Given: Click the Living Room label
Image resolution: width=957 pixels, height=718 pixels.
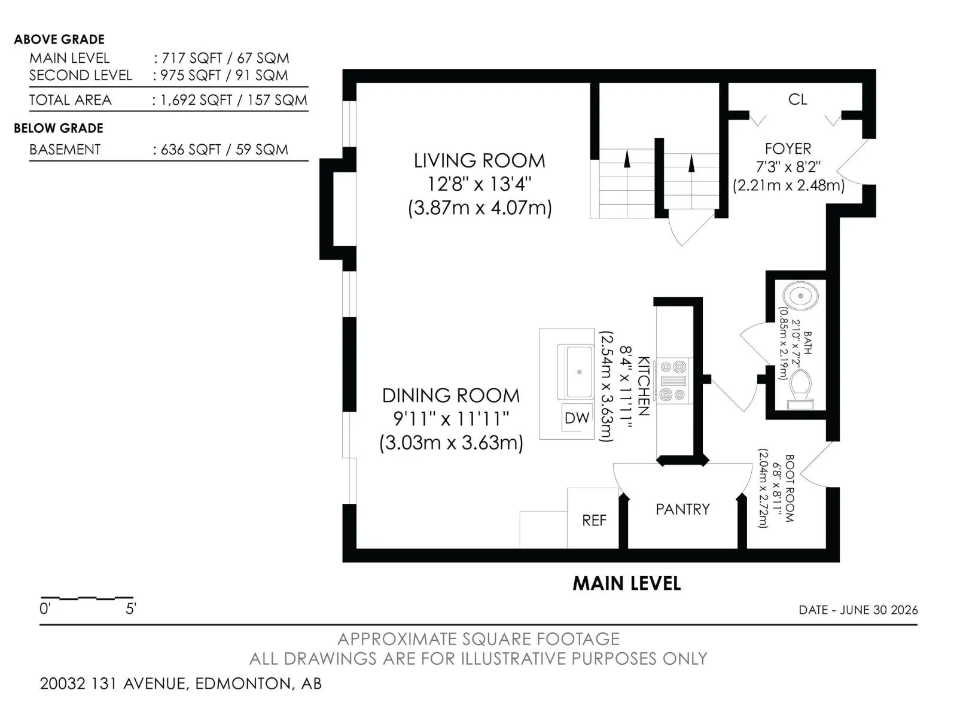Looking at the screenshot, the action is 479,161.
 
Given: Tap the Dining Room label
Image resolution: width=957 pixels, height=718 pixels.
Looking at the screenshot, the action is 451,395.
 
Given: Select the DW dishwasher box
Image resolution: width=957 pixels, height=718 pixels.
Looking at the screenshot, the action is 577,418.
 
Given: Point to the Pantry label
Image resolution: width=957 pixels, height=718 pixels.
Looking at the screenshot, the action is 683,509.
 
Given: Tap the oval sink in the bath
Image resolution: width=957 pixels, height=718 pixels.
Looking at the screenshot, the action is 800,296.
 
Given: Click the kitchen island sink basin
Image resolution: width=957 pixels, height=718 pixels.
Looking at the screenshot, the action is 579,372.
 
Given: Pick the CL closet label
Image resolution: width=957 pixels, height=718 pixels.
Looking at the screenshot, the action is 797,99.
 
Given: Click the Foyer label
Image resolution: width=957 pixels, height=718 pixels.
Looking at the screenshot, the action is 788,148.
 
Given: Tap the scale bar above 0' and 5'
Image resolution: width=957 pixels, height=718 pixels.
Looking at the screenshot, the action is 87,598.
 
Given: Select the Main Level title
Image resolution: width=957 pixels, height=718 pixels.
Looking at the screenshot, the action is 626,584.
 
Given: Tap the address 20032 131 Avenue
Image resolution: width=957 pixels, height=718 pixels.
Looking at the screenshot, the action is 114,683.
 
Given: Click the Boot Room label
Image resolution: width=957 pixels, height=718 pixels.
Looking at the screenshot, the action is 790,488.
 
